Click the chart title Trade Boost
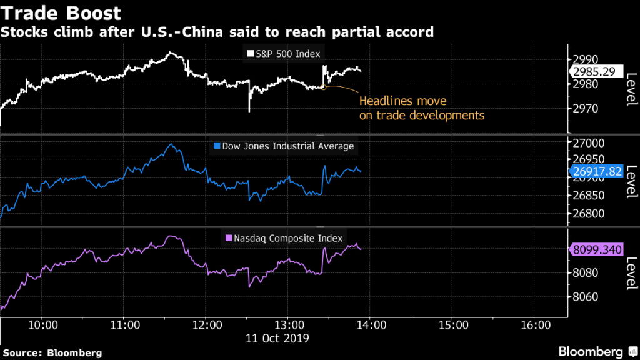pyautogui.click(x=61, y=12)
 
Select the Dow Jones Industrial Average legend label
pyautogui.click(x=284, y=146)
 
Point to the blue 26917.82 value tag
pyautogui.click(x=597, y=171)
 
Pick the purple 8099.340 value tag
pyautogui.click(x=597, y=250)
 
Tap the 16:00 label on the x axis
pyautogui.click(x=536, y=326)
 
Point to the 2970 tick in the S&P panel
pyautogui.click(x=586, y=109)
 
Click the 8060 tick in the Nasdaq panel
pyautogui.click(x=586, y=297)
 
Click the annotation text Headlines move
pyautogui.click(x=403, y=101)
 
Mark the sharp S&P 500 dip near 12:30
pyautogui.click(x=249, y=111)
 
